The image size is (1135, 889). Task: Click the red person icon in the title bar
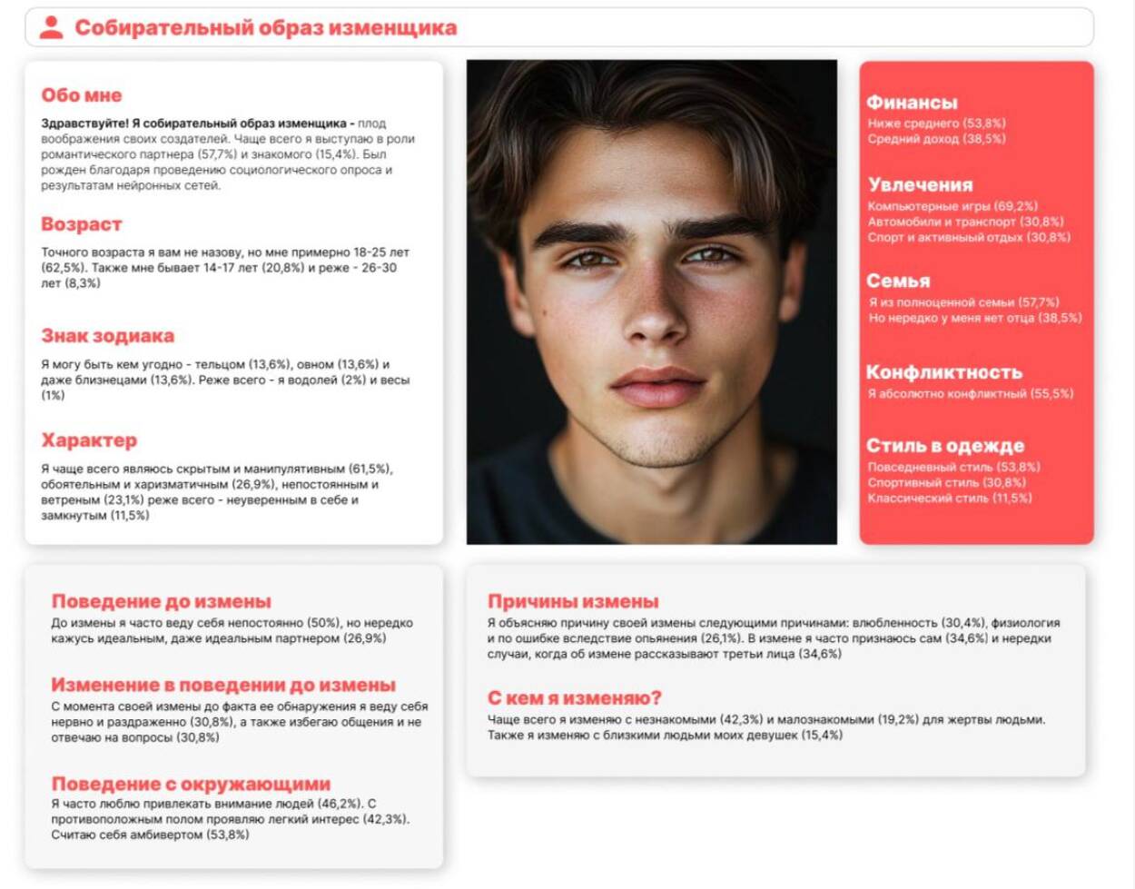[x=52, y=27]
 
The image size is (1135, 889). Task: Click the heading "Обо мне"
[x=81, y=95]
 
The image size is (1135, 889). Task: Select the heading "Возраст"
[x=81, y=224]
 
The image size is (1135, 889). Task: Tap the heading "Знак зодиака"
[x=107, y=336]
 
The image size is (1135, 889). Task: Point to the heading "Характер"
[x=89, y=440]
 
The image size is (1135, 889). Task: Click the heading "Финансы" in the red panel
[x=912, y=103]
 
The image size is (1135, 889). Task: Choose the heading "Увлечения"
[x=920, y=184]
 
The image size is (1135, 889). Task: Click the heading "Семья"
[x=898, y=281]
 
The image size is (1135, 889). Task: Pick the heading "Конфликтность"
[x=944, y=372]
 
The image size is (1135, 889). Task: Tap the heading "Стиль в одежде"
[x=945, y=446]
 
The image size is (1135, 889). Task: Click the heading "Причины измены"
[x=573, y=601]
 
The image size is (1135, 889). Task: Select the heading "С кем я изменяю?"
[x=575, y=697]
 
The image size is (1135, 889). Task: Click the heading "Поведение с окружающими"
[x=191, y=784]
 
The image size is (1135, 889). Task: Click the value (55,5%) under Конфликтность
[x=1051, y=394]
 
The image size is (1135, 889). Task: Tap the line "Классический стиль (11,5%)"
[x=950, y=498]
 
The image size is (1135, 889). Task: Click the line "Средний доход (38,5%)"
[x=936, y=139]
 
